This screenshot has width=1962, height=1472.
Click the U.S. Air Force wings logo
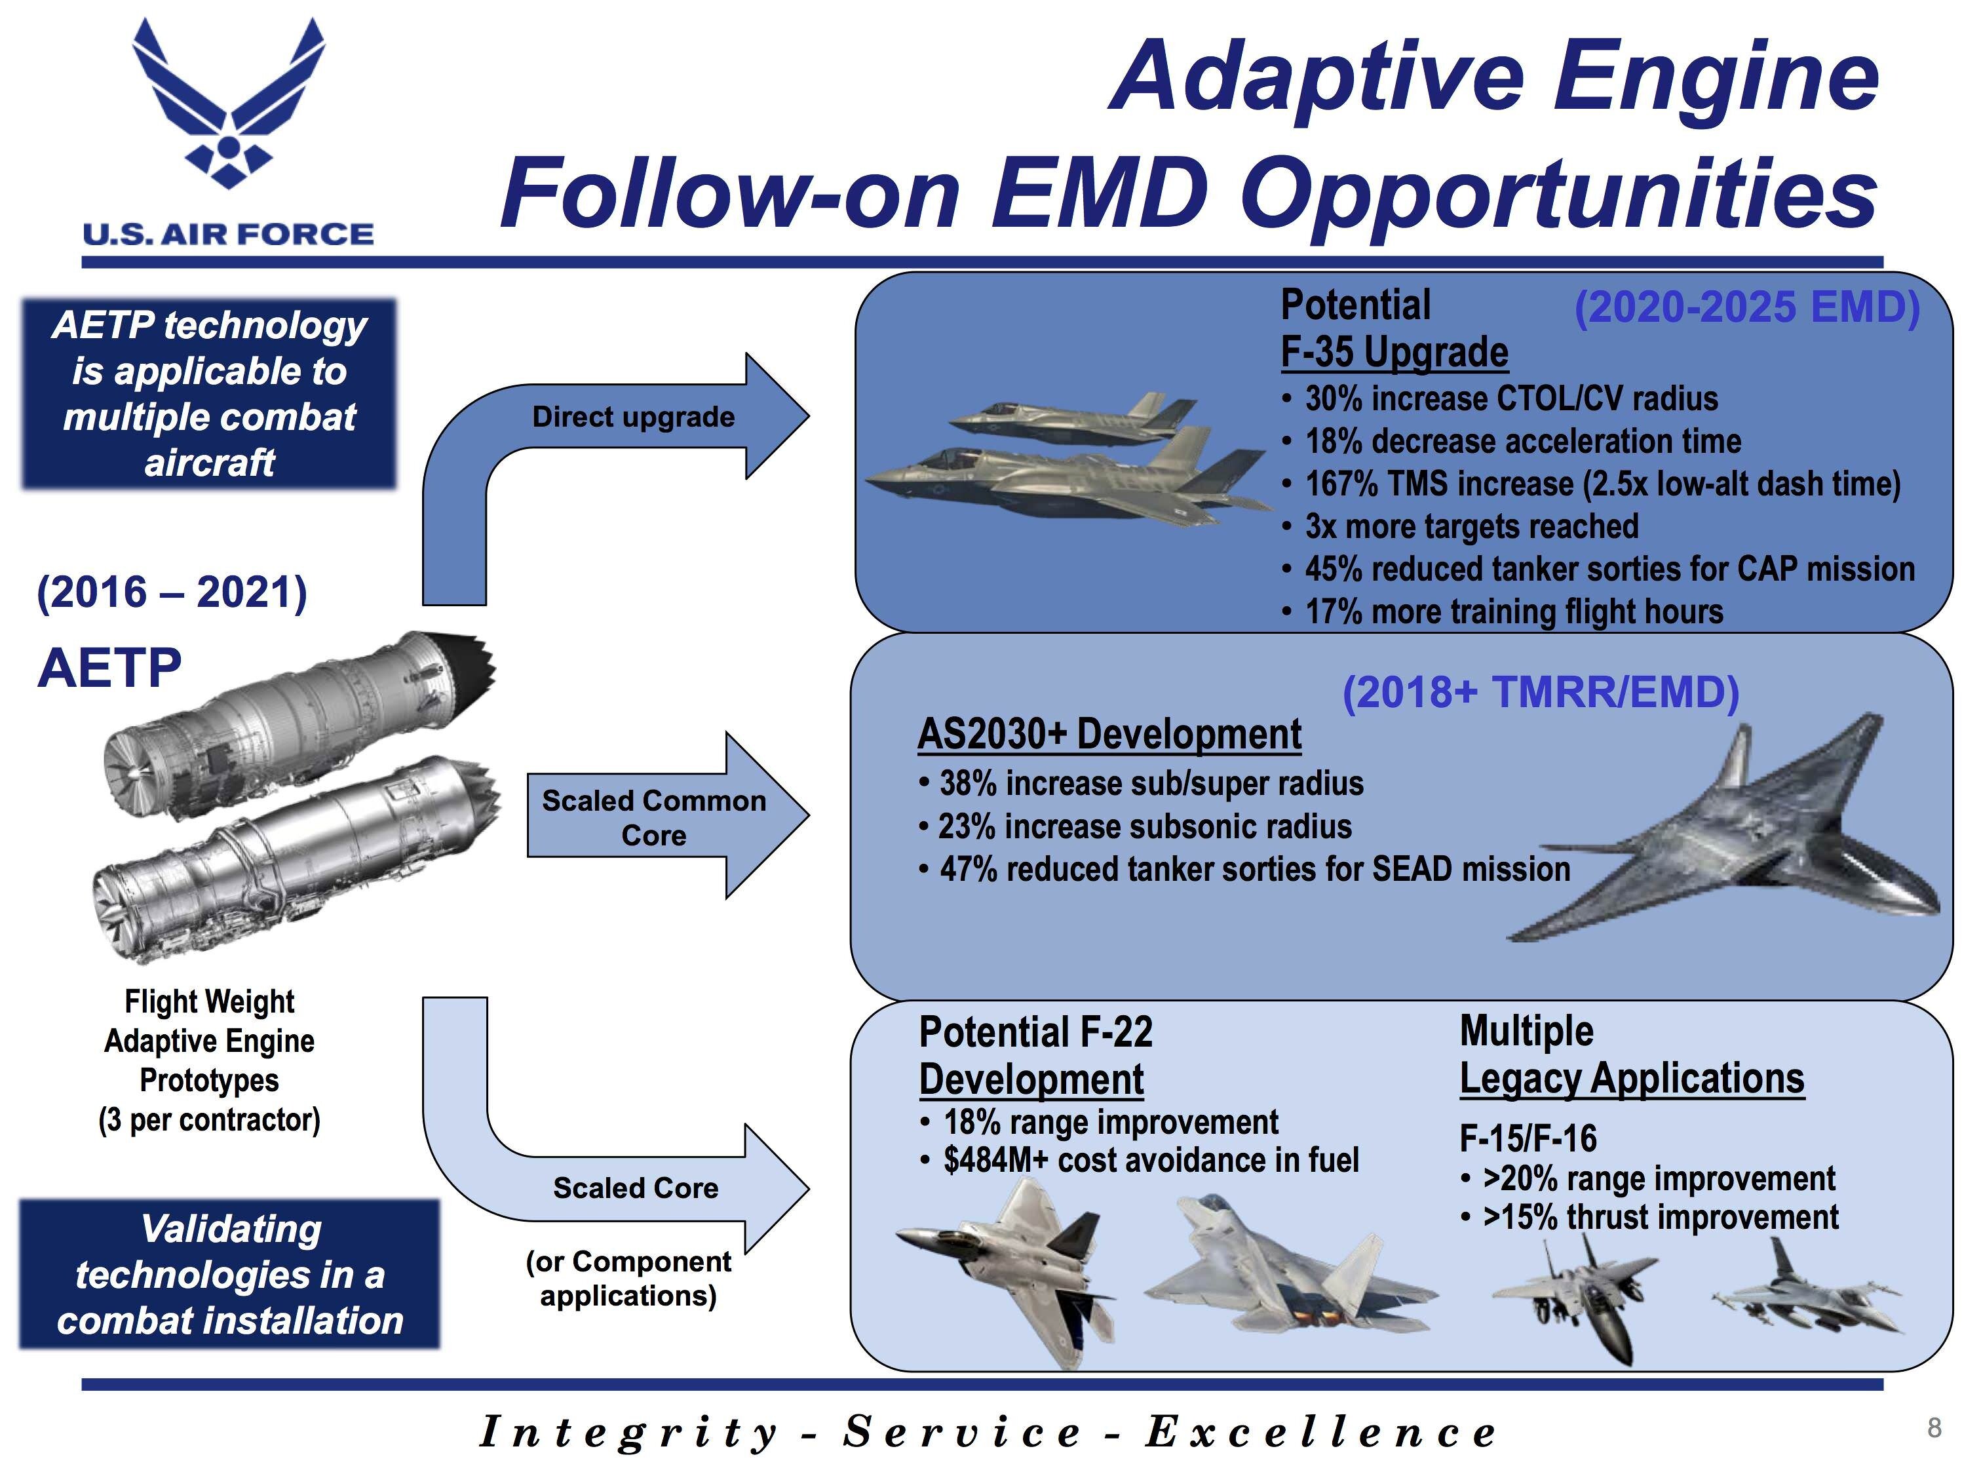[228, 102]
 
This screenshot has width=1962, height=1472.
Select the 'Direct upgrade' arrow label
[633, 417]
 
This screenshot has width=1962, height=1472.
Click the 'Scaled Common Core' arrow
[668, 815]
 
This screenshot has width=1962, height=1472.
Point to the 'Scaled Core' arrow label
[635, 1188]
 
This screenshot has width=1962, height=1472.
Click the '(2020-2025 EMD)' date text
[1746, 307]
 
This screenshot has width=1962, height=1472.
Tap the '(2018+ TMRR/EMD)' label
[1541, 692]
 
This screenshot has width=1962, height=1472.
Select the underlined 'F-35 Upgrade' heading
[1395, 352]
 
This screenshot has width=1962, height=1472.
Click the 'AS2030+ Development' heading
[1109, 735]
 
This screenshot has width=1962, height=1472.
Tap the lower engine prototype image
[296, 857]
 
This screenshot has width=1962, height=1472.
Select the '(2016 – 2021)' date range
[172, 592]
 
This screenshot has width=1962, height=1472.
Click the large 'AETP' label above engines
[110, 668]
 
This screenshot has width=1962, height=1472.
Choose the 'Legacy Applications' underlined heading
[1632, 1079]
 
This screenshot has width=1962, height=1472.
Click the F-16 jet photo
[1807, 1288]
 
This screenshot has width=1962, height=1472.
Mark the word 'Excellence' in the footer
[1322, 1431]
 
